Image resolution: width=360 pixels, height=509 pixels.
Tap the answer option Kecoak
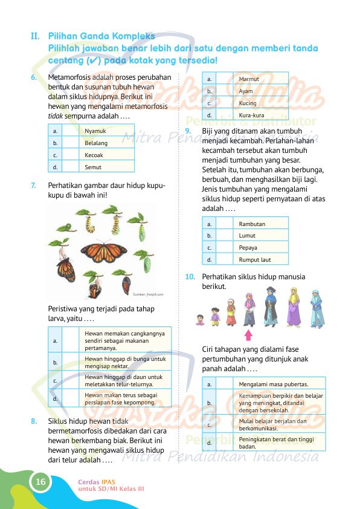pyautogui.click(x=94, y=155)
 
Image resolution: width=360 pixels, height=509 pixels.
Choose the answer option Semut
pyautogui.click(x=93, y=167)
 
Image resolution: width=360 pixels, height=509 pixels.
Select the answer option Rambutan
pyautogui.click(x=252, y=224)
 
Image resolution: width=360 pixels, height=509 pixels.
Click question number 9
pyautogui.click(x=189, y=131)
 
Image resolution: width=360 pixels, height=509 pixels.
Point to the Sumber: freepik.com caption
pyautogui.click(x=148, y=294)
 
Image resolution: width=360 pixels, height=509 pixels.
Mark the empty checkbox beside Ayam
pyautogui.click(x=224, y=91)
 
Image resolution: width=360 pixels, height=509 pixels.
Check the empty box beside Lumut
pyautogui.click(x=224, y=236)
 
